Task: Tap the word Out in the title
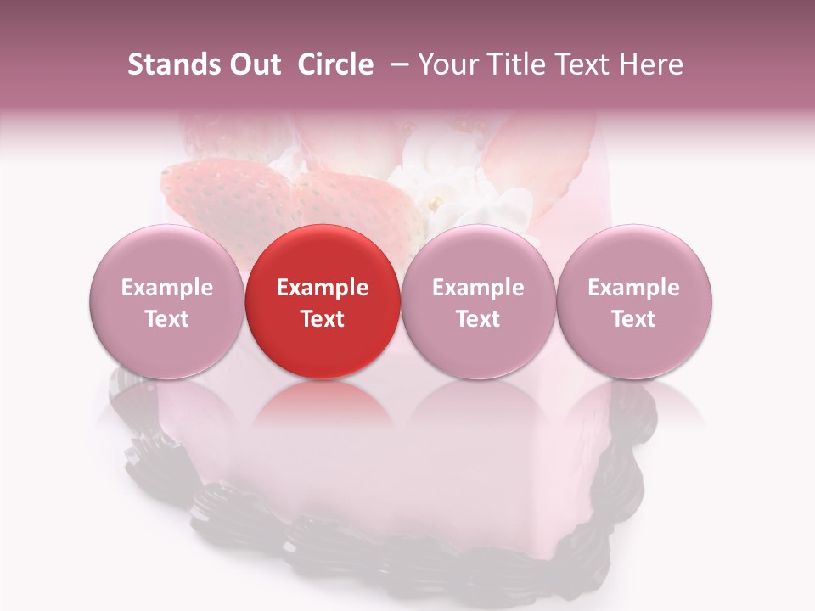pyautogui.click(x=253, y=64)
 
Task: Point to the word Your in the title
pyautogui.click(x=446, y=64)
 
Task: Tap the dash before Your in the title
pyautogui.click(x=402, y=64)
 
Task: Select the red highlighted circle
pyautogui.click(x=323, y=301)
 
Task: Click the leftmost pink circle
pyautogui.click(x=166, y=301)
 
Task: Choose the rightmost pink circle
pyautogui.click(x=634, y=301)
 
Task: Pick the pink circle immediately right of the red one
pyautogui.click(x=478, y=301)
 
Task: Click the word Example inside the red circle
pyautogui.click(x=323, y=288)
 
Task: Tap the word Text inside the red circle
pyautogui.click(x=323, y=319)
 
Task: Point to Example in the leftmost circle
pyautogui.click(x=166, y=288)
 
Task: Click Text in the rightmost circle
pyautogui.click(x=634, y=319)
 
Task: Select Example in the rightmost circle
pyautogui.click(x=634, y=288)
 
